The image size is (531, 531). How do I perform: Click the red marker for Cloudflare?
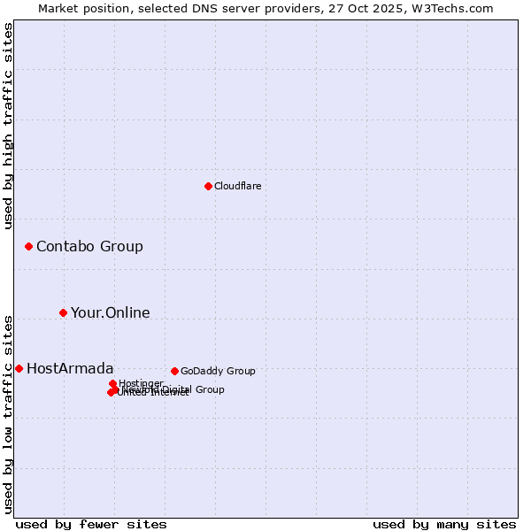coord(208,186)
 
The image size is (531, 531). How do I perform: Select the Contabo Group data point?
coord(28,246)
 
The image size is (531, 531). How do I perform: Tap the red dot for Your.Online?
coord(63,312)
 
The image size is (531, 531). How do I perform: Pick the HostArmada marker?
coord(19,368)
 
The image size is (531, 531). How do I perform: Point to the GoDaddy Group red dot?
coord(174,371)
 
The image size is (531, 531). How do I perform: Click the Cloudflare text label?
coord(237,186)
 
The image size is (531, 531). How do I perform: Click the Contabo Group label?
coord(89,246)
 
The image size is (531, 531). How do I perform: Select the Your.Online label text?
coord(110,312)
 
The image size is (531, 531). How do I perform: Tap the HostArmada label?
coord(70,368)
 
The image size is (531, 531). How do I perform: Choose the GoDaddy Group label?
coord(218,371)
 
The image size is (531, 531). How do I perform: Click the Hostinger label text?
coord(141,383)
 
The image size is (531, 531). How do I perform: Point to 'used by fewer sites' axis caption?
coord(91,524)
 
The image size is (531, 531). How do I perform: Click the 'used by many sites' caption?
coord(444,524)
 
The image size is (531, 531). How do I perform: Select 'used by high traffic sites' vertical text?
coord(9,126)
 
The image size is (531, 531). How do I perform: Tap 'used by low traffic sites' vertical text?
coord(9,414)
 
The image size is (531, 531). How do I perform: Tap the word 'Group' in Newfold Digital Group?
coord(210,389)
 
